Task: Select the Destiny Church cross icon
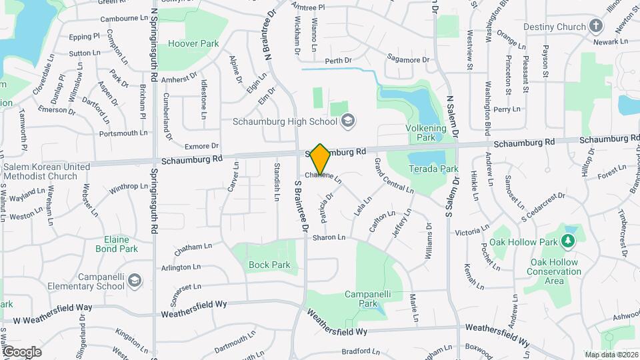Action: [597, 27]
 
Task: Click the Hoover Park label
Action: [193, 43]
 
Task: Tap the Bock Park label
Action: [269, 265]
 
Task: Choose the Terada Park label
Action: [433, 169]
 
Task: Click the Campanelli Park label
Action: [367, 298]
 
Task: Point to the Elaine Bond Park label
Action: [121, 244]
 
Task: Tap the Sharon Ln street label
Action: [329, 237]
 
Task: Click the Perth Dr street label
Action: [338, 61]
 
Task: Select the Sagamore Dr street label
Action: [408, 60]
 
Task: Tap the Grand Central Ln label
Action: [393, 176]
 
